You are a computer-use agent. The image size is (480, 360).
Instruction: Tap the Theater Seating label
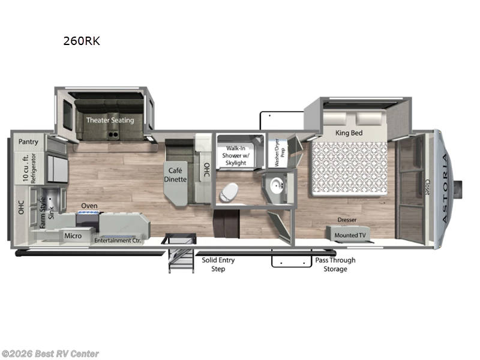pos(110,120)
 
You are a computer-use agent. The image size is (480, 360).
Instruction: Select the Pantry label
pos(28,142)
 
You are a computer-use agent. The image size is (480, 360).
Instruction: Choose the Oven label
pos(89,206)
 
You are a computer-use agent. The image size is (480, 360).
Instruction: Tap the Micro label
pos(73,236)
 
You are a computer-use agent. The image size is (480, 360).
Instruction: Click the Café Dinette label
pos(176,175)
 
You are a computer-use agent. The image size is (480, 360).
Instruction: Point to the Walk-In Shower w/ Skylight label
pos(237,155)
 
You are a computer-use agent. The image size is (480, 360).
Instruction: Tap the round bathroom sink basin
pos(278,185)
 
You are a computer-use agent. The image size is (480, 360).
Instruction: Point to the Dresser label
pos(347,220)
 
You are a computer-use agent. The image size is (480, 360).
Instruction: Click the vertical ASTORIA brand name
pos(445,188)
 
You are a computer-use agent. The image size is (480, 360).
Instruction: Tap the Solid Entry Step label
pos(218,265)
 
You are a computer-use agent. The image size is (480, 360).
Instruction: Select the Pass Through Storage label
pos(335,265)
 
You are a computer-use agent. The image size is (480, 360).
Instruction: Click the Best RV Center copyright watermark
pos(50,354)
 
